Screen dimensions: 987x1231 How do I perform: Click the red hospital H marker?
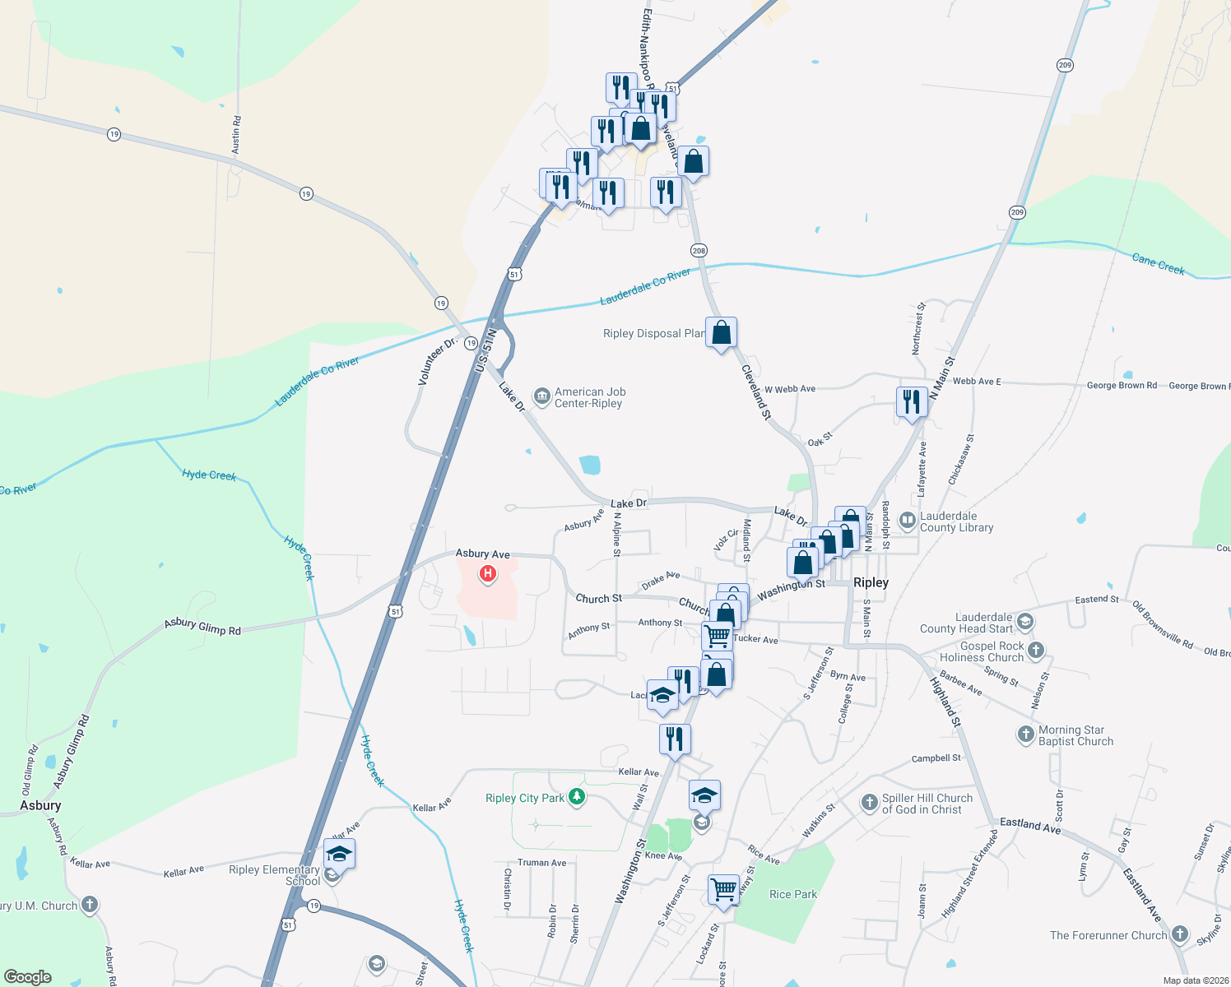point(488,573)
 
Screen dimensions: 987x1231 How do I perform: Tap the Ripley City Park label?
point(525,798)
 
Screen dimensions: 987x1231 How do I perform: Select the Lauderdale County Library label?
point(956,522)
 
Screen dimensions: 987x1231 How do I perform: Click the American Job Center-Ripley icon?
point(541,397)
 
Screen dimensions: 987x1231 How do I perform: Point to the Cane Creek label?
point(1158,264)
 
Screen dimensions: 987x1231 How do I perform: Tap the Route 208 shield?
point(699,250)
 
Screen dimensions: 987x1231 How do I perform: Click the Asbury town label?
point(40,805)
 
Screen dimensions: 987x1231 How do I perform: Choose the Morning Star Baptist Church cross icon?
point(1025,734)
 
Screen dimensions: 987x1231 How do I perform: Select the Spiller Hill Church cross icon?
point(869,802)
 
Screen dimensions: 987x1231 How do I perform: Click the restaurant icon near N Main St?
point(911,402)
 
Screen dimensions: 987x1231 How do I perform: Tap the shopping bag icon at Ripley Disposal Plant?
point(721,332)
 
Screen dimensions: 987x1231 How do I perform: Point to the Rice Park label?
point(793,894)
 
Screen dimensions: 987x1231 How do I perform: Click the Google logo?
point(28,976)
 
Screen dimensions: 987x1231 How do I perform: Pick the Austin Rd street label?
point(236,135)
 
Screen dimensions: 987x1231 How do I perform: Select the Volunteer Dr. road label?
point(437,360)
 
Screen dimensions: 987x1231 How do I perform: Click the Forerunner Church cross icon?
point(1180,934)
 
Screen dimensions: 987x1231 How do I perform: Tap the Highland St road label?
point(945,701)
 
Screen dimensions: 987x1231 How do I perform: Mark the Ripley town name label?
point(871,582)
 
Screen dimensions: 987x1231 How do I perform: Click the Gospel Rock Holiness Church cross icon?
point(1036,651)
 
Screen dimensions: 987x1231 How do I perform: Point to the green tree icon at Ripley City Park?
point(578,796)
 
